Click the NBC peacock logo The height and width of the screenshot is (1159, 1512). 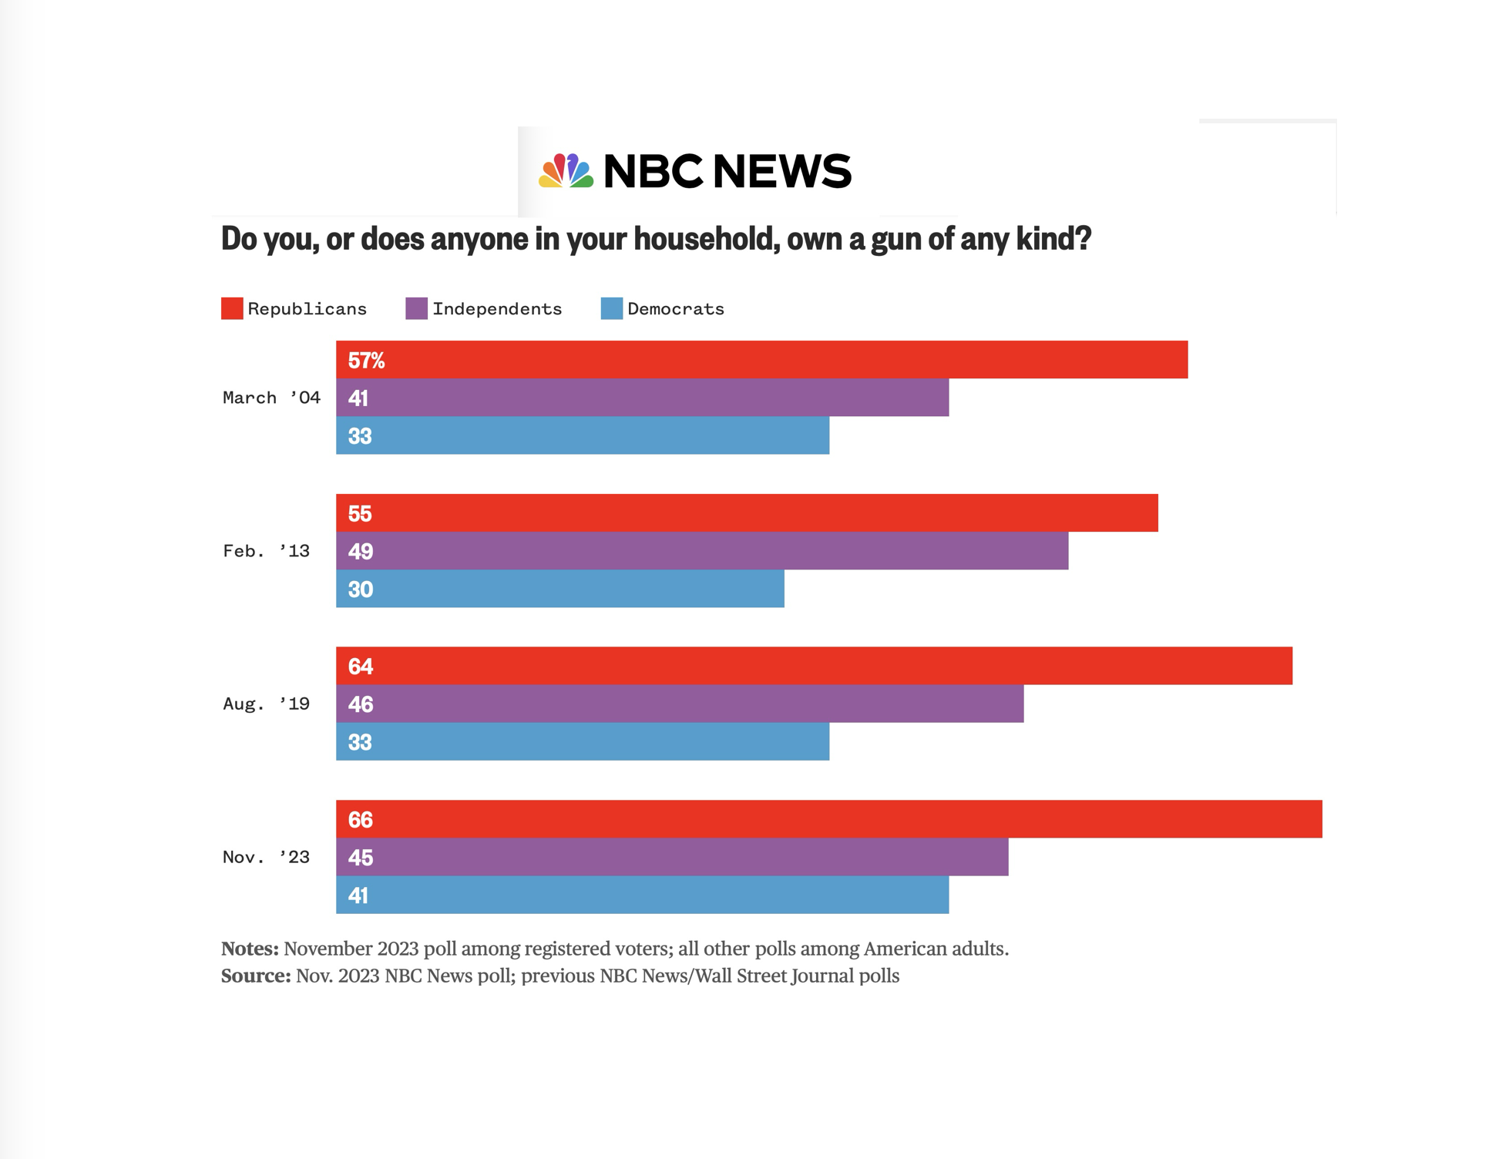coord(566,171)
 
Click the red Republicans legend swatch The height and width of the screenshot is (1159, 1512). coord(232,308)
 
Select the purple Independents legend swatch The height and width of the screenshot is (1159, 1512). coord(416,308)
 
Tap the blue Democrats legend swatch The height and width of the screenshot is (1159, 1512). coord(611,308)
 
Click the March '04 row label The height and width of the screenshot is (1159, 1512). coord(271,398)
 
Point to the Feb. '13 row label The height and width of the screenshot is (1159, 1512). coord(266,551)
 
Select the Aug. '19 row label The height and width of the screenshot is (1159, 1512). coord(266,704)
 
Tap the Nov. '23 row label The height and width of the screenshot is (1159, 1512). coord(266,857)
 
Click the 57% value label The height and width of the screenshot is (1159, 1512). coord(366,360)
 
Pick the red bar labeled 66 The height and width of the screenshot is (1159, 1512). coord(828,819)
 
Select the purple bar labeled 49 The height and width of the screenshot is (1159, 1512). coord(701,551)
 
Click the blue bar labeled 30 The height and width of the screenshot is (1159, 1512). coord(559,589)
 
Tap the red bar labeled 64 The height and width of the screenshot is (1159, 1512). coord(814,666)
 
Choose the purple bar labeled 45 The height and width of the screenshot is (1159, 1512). coord(672,857)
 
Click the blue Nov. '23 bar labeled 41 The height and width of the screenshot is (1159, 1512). coord(642,895)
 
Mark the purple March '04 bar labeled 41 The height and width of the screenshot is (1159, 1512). coord(642,398)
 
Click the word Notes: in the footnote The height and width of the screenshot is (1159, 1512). coord(250,949)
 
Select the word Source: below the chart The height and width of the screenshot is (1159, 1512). coord(256,976)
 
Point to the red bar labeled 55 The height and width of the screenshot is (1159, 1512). coord(747,513)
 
